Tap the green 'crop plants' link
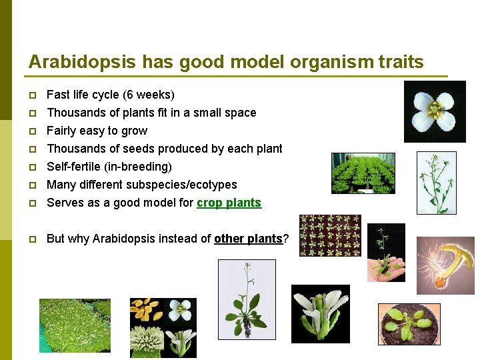[229, 203]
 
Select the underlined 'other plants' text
[248, 239]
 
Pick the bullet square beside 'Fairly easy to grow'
[33, 131]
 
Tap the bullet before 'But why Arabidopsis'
[33, 239]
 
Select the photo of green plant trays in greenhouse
[363, 173]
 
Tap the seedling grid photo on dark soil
[330, 235]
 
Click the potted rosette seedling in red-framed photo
[409, 324]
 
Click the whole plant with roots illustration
[247, 299]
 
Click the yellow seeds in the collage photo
[146, 310]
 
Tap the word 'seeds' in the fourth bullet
[131, 149]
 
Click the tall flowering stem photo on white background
[436, 183]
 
